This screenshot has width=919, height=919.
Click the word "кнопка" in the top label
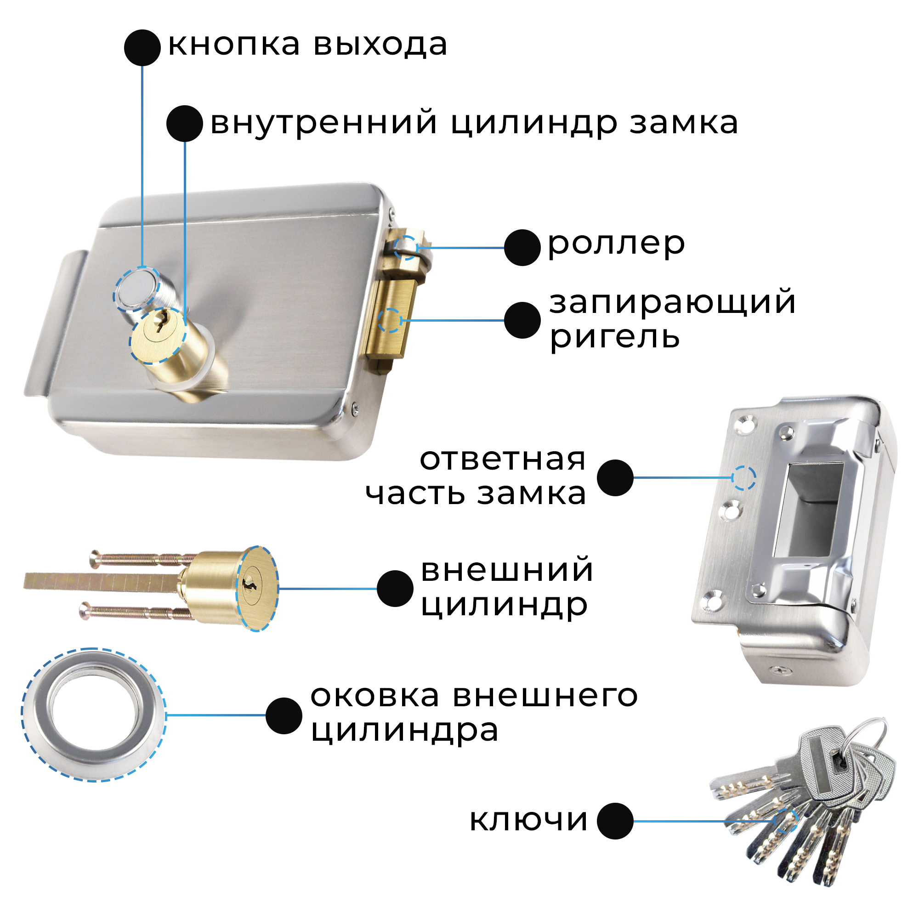click(x=234, y=45)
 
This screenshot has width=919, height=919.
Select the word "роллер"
click(x=616, y=245)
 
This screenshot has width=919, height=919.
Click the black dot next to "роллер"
click(x=522, y=247)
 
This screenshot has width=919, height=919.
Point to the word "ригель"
click(x=614, y=338)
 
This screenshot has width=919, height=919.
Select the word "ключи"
click(x=528, y=820)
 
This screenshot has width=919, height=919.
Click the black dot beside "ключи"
click(x=614, y=821)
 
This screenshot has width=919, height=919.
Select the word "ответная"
click(x=502, y=460)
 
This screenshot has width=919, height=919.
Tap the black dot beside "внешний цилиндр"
click(x=395, y=589)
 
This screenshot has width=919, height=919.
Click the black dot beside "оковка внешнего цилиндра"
click(x=284, y=715)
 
